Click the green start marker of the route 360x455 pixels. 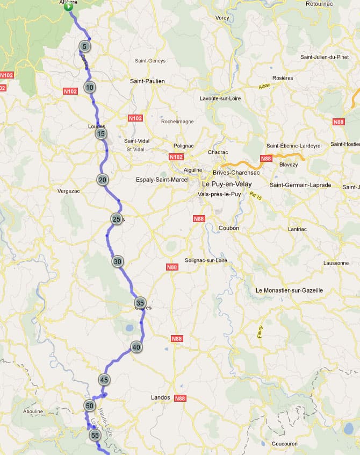tap(68, 7)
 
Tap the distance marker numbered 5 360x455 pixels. tap(84, 46)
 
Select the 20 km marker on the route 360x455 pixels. tap(102, 180)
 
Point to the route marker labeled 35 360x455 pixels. tap(140, 303)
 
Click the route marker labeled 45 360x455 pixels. tap(104, 380)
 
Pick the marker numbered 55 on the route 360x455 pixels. tap(95, 435)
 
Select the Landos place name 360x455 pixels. tap(160, 398)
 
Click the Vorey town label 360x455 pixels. tap(222, 18)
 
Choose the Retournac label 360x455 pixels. tap(320, 4)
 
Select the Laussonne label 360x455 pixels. tap(336, 263)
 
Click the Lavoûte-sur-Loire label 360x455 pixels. tap(220, 98)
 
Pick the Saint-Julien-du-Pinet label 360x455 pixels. tap(325, 57)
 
